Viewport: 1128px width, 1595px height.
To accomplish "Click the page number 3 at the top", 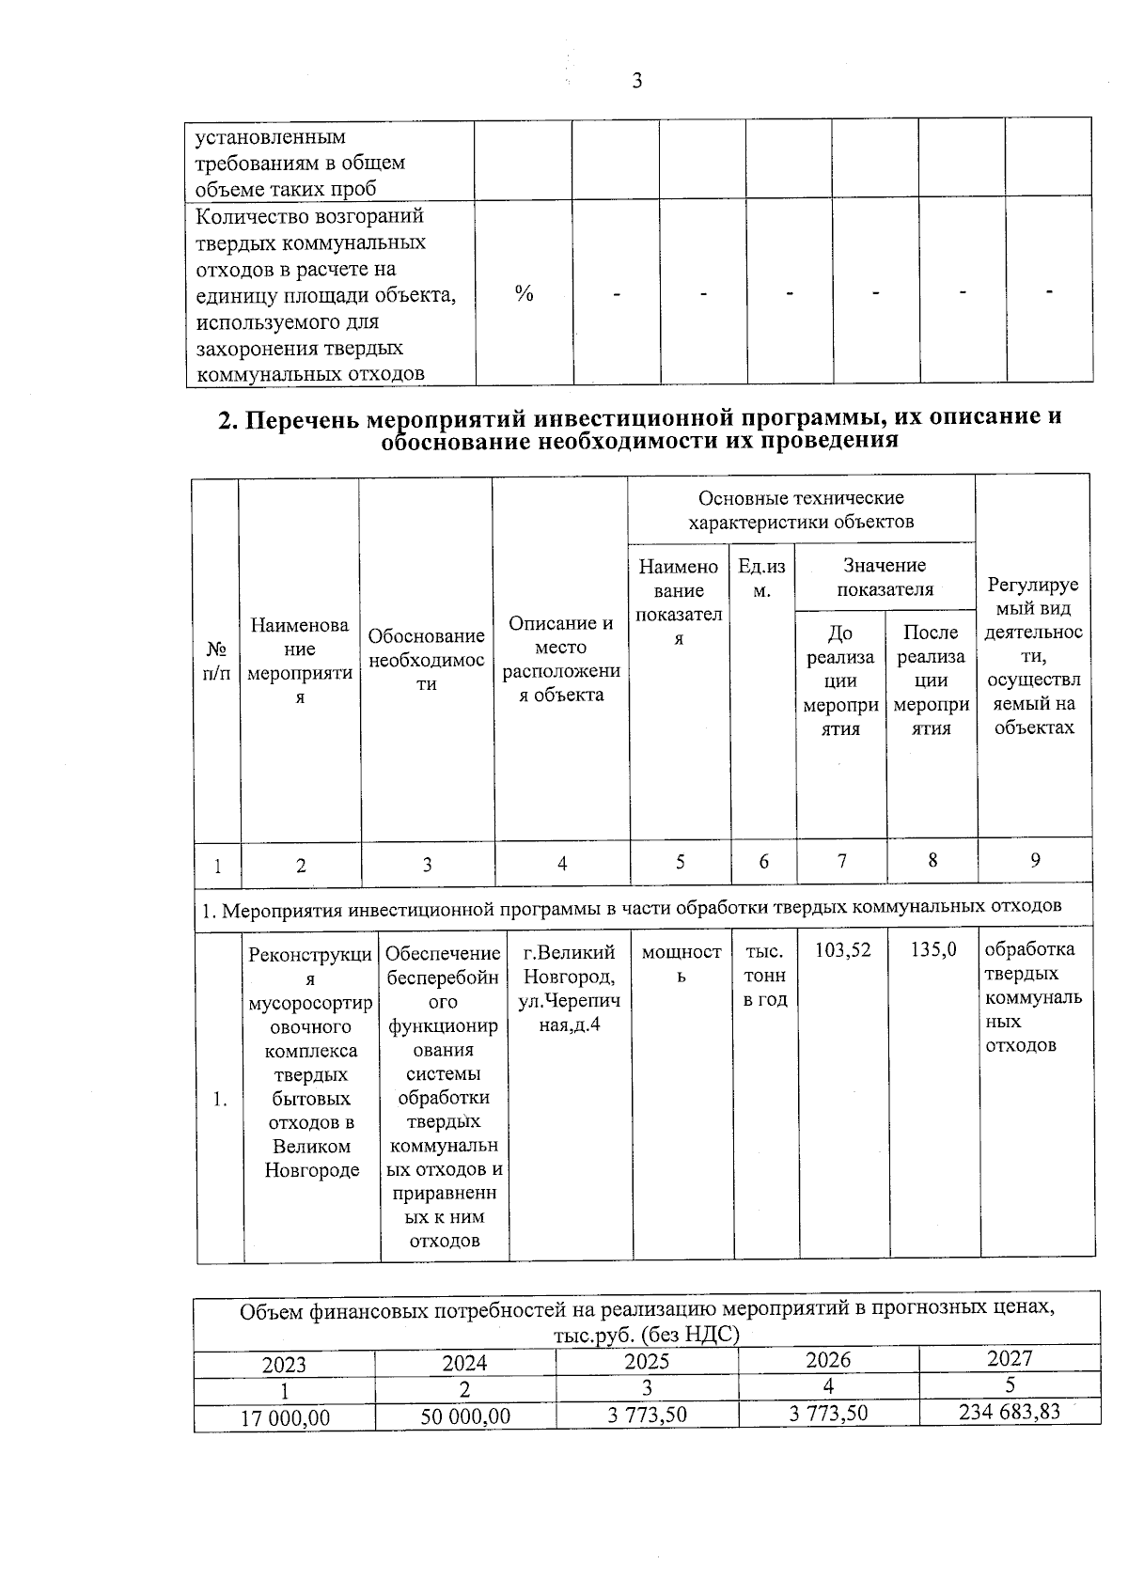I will tap(636, 81).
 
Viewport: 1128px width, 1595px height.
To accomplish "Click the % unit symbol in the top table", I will tap(524, 293).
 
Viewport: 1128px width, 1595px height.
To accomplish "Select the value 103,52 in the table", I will tap(842, 950).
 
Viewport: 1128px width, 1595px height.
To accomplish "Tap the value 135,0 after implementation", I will tap(933, 950).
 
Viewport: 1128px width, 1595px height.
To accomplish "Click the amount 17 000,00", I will tap(285, 1417).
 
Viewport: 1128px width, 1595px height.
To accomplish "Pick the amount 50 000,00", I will tap(465, 1416).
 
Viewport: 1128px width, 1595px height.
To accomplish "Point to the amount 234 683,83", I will tap(1009, 1411).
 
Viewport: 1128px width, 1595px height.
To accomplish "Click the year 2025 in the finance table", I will tap(647, 1362).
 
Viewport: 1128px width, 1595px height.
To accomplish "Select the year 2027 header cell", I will tap(1010, 1358).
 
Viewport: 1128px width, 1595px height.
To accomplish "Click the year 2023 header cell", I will tap(284, 1365).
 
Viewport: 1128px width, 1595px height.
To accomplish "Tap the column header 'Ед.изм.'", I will tap(762, 577).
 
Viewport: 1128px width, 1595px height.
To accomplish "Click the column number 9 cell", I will tap(1035, 860).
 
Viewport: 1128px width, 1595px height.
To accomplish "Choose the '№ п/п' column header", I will tap(217, 661).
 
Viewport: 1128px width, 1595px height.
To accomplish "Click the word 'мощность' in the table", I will tap(681, 963).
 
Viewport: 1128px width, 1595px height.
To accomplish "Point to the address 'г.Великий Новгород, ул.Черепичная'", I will tap(569, 988).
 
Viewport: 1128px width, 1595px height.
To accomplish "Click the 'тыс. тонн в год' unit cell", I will tap(764, 975).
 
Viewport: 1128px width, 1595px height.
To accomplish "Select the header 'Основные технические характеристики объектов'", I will tap(801, 509).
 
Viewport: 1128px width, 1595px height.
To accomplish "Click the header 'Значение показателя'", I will tap(885, 577).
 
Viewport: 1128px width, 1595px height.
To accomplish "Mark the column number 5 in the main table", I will tap(680, 861).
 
